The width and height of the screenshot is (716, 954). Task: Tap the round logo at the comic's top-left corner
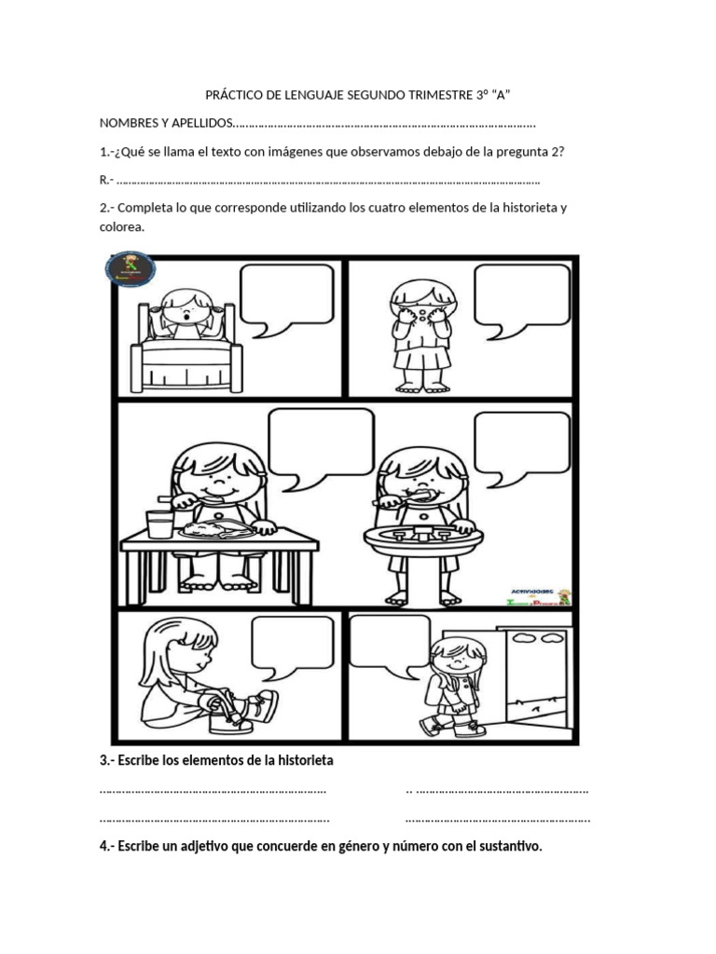[131, 269]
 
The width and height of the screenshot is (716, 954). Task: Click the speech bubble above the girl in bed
[285, 294]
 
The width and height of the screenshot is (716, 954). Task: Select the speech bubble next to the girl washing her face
[521, 294]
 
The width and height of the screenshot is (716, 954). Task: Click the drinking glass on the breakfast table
[159, 525]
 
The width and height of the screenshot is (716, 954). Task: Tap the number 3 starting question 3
[103, 761]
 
